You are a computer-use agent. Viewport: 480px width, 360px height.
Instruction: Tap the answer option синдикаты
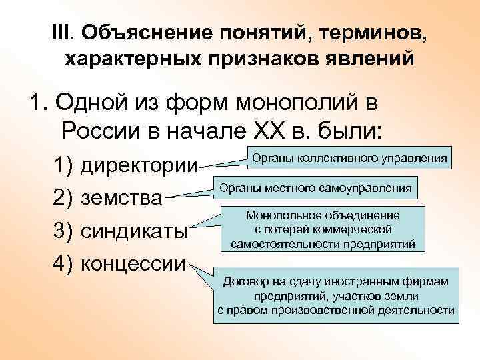click(136, 231)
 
